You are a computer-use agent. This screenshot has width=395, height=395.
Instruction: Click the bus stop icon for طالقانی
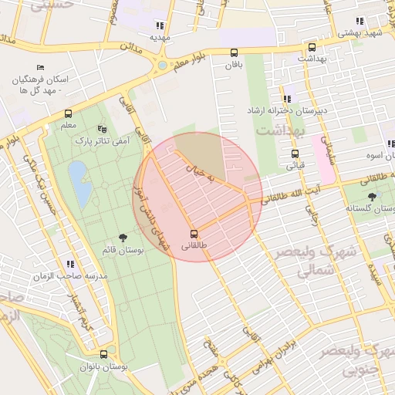[x=194, y=234]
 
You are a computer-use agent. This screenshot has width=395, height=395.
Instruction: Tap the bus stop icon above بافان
[x=234, y=53]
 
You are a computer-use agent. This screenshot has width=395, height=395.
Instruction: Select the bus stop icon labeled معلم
[x=68, y=113]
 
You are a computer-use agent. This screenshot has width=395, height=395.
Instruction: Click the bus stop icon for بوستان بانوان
[x=103, y=356]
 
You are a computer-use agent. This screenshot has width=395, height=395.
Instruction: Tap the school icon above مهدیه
[x=159, y=25]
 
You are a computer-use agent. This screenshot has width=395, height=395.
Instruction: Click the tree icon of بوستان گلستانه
[x=373, y=196]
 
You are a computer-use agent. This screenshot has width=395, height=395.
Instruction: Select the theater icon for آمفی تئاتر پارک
[x=103, y=129]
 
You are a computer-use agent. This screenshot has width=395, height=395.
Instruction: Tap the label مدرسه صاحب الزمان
[x=69, y=275]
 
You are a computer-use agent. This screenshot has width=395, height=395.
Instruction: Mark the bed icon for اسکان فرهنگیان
[x=40, y=68]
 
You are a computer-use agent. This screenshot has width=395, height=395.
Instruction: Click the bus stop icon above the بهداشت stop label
[x=312, y=46]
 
